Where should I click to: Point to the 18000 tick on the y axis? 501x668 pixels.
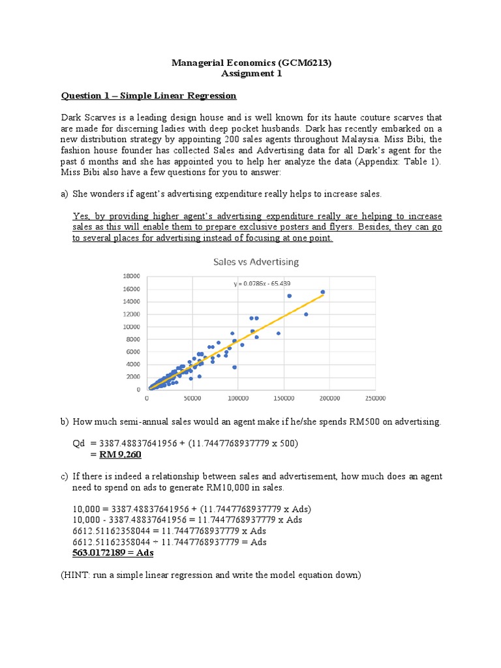tap(132, 277)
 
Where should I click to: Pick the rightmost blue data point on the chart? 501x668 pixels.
tap(322, 292)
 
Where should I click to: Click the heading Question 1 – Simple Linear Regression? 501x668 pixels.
tap(149, 96)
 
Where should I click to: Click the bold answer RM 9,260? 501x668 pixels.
tap(115, 455)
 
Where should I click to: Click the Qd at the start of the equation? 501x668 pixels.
tap(78, 444)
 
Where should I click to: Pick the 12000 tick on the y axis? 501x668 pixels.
tap(132, 314)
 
